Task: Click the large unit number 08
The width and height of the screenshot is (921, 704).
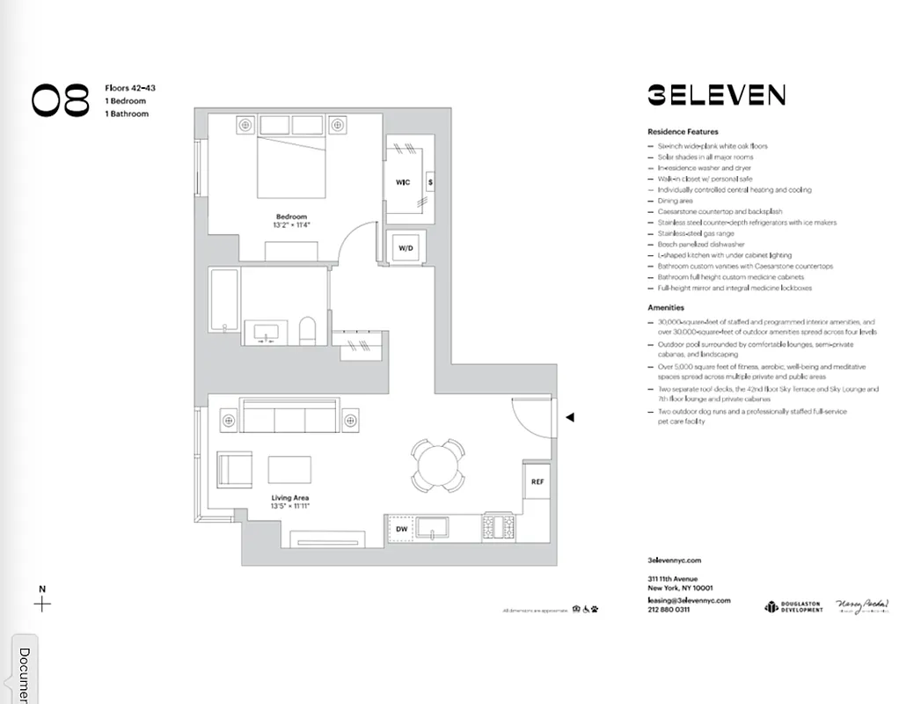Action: (x=61, y=100)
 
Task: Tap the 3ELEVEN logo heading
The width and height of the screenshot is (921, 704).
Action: (x=716, y=95)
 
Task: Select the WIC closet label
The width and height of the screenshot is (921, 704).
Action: (x=403, y=182)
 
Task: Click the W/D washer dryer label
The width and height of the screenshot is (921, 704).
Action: (x=406, y=248)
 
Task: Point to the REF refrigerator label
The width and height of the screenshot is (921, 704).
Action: (x=537, y=482)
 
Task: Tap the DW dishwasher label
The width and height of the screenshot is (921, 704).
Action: (x=401, y=529)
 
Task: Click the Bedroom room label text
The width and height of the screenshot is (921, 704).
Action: (x=291, y=216)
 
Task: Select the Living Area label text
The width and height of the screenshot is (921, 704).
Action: (x=290, y=498)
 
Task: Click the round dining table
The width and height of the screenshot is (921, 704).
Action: (x=437, y=464)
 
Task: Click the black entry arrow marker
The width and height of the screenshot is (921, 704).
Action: (x=570, y=417)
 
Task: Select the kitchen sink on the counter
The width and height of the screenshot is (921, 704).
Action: (x=433, y=528)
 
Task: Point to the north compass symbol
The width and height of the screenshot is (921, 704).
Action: (x=41, y=603)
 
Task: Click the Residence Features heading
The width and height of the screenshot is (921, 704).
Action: (x=683, y=131)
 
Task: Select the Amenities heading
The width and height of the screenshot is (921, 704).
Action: (x=666, y=308)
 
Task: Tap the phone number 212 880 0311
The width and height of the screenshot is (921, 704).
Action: (x=669, y=610)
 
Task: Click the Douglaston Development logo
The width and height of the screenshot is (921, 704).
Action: (x=793, y=606)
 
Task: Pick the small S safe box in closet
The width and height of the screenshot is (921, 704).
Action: (x=429, y=182)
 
